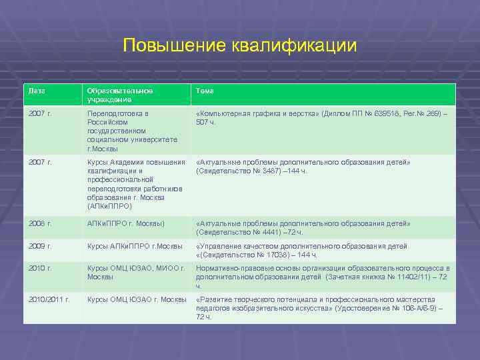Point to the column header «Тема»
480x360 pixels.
tap(205, 90)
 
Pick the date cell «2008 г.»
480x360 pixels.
tap(41, 223)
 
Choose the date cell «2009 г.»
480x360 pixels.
tap(41, 246)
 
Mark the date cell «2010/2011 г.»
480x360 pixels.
tap(49, 299)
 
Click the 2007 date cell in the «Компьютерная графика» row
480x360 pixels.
tap(41, 113)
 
